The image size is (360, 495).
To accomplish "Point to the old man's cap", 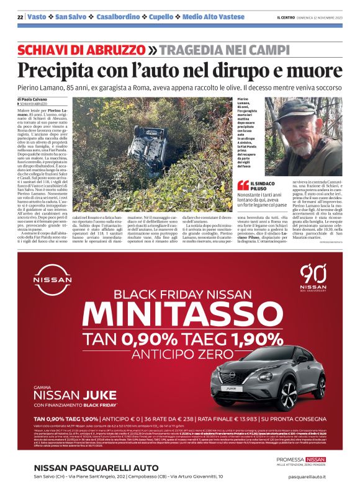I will (x=308, y=111).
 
